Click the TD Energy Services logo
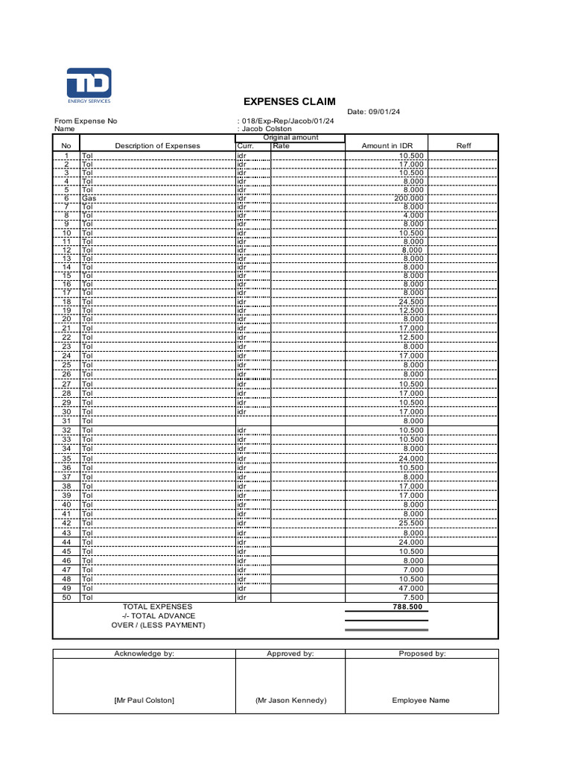tap(89, 85)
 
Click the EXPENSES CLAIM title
tap(290, 101)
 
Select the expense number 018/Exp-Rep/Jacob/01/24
tap(287, 121)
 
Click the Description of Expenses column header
tap(157, 146)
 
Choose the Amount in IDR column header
tap(387, 146)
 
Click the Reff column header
tap(463, 146)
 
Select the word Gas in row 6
tap(89, 199)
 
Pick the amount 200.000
tap(409, 199)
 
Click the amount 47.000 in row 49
tap(411, 588)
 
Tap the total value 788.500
tap(408, 607)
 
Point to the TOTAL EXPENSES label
tap(157, 607)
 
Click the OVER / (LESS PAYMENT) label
tap(157, 624)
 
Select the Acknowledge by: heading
tap(144, 653)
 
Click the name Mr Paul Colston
tap(144, 700)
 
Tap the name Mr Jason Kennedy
tap(290, 700)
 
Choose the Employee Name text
tap(421, 700)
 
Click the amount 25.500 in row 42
tap(411, 523)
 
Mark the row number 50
tap(66, 597)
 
